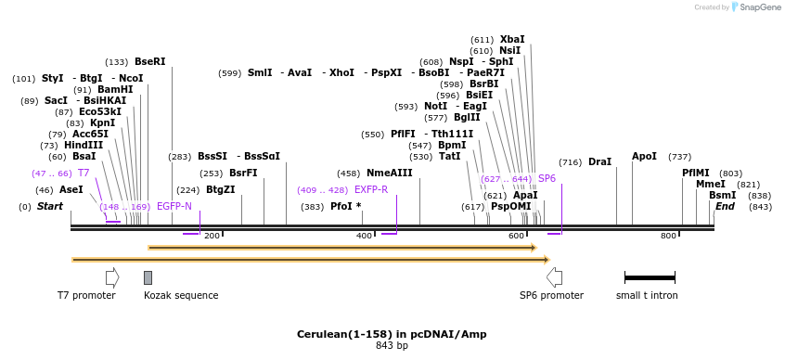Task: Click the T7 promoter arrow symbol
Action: coord(112,276)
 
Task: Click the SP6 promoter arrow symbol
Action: coord(554,276)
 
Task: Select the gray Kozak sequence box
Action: coord(148,277)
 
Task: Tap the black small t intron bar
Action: coord(650,277)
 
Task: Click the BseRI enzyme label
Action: coord(149,62)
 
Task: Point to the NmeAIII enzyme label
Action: coord(389,174)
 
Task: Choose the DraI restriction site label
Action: coord(599,162)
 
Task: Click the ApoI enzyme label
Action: coord(644,157)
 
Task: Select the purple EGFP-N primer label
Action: coord(174,206)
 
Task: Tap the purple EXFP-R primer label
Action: coord(371,189)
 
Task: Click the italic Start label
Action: coord(50,206)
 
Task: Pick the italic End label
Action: coord(725,206)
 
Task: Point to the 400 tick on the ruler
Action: coord(365,237)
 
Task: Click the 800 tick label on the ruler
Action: coord(669,237)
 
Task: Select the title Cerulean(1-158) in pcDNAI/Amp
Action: coord(392,334)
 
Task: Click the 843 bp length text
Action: coord(392,346)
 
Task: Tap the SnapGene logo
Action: coord(756,7)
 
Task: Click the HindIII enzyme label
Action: coord(84,145)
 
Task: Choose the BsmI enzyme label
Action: coord(722,195)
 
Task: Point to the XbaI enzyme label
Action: coord(511,40)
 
